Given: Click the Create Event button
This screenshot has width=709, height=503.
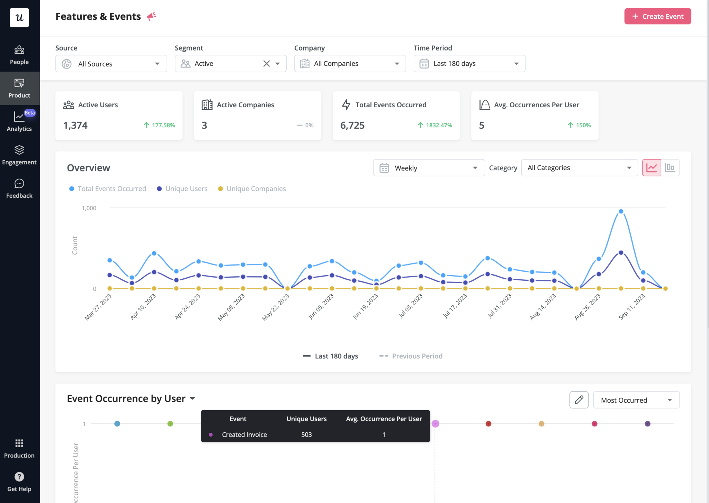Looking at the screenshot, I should (657, 16).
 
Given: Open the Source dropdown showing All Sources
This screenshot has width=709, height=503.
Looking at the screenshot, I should (111, 64).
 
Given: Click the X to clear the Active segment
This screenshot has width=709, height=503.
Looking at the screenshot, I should (266, 64).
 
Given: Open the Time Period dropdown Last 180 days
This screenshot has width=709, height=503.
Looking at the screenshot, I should (469, 64).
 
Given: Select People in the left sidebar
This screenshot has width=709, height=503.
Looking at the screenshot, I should (19, 55).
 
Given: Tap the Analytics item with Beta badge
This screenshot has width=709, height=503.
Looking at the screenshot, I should (19, 122).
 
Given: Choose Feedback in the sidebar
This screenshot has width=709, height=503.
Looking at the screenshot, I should (19, 189).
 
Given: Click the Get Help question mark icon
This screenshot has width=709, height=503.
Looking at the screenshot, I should (19, 477).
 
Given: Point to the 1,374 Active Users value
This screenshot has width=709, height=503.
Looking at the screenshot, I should (75, 125).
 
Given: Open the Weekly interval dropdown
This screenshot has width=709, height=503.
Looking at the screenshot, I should (429, 168).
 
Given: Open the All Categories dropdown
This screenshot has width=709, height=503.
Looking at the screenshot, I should (579, 168).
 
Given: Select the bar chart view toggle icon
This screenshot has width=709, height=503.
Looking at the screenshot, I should (670, 168).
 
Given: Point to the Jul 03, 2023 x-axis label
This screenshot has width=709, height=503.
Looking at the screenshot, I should (411, 306).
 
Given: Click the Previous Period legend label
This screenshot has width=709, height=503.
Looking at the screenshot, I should (417, 356).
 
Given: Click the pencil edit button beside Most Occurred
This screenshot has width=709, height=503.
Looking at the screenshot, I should (579, 400).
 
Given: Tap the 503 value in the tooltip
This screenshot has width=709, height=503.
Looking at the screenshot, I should (306, 434).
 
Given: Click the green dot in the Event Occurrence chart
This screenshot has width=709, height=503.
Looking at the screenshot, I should (170, 424).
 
